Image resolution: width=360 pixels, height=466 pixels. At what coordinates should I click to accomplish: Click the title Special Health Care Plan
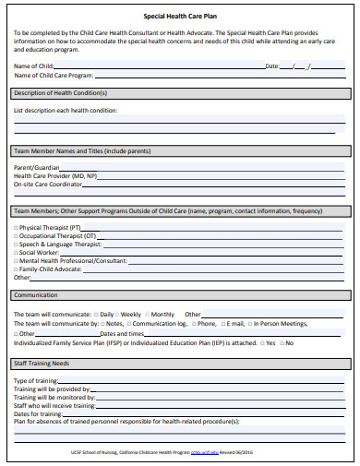click(x=181, y=16)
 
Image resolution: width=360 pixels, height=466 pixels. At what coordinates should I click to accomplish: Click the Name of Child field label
click(x=33, y=66)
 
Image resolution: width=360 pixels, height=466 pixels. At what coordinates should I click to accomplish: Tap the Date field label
click(x=272, y=66)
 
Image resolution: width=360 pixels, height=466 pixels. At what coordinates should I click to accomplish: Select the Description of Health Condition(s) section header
click(x=61, y=92)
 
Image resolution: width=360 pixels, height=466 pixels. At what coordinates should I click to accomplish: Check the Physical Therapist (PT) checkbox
click(x=16, y=227)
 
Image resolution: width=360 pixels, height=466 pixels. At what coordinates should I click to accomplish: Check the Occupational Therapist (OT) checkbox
click(x=16, y=235)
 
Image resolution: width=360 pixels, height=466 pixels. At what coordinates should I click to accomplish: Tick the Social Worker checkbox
click(x=16, y=252)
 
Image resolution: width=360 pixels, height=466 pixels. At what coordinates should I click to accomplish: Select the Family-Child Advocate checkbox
click(x=16, y=269)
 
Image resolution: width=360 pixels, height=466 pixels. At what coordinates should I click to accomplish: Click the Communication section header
click(x=36, y=295)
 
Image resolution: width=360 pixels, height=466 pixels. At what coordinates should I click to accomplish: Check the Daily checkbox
click(x=95, y=315)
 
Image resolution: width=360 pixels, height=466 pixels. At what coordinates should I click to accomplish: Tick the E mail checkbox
click(x=222, y=324)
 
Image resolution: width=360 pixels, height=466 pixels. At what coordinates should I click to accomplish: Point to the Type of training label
click(x=36, y=381)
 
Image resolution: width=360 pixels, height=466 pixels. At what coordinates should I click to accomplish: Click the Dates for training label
click(x=38, y=413)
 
